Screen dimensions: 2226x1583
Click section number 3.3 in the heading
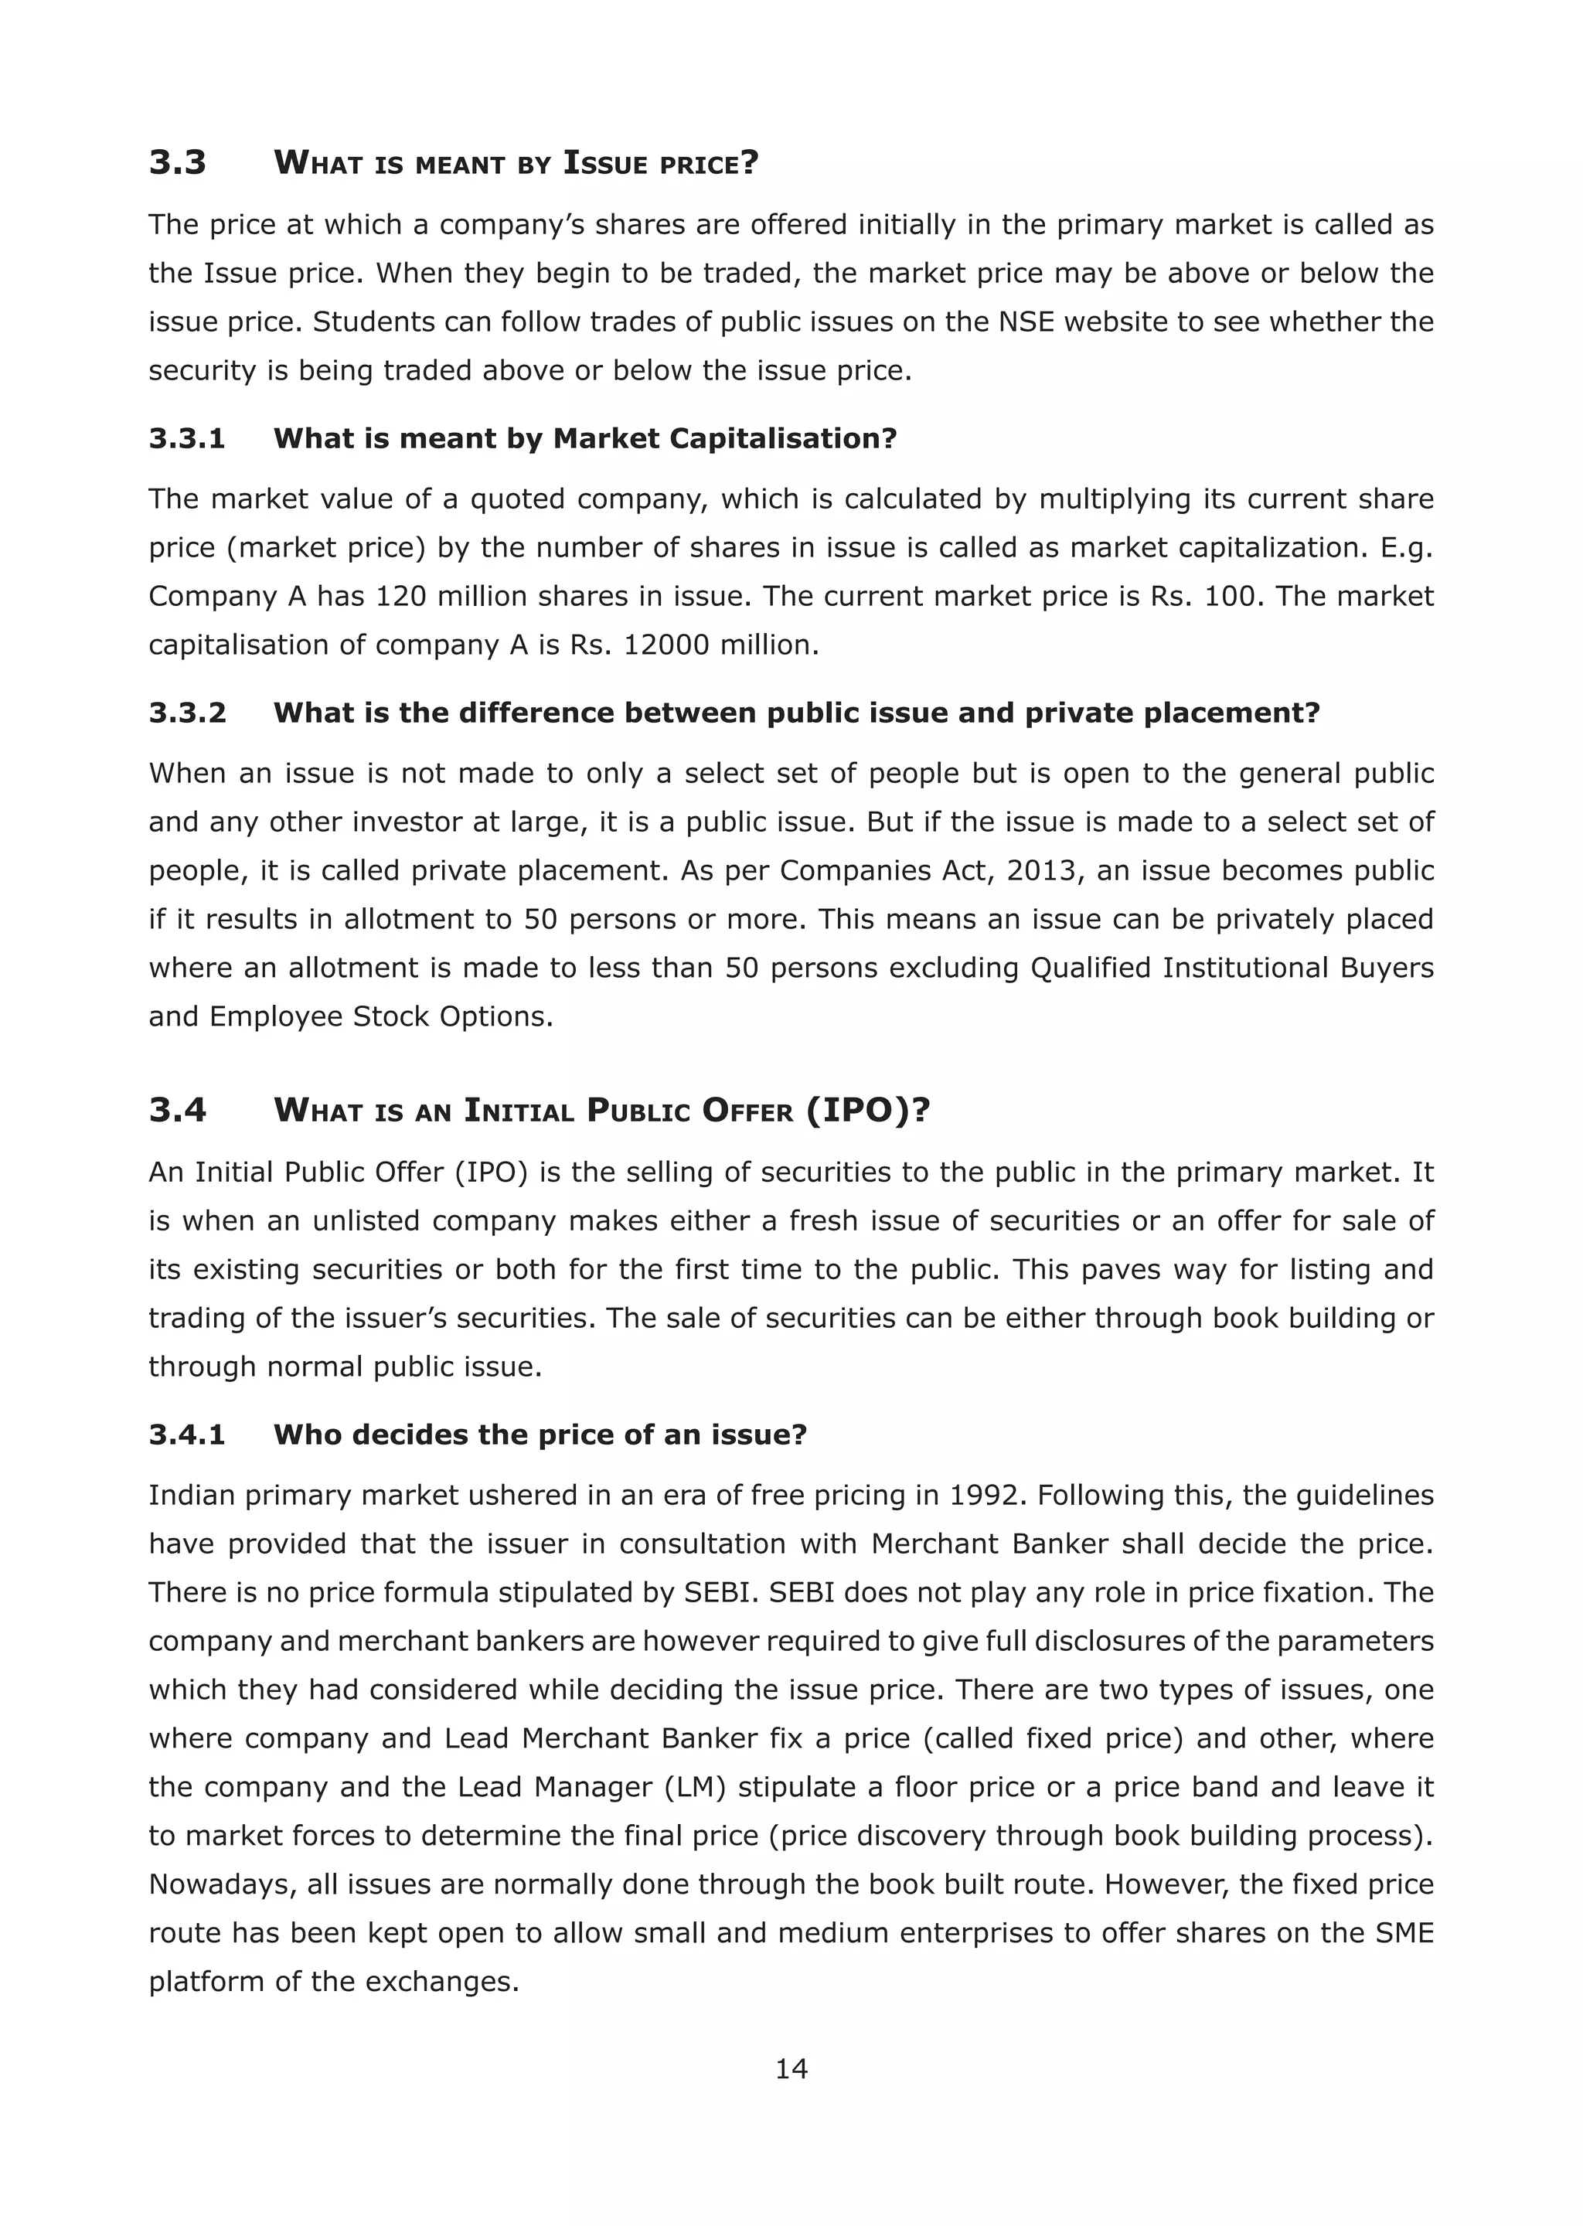coord(178,162)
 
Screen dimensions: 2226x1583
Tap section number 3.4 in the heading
coord(178,1109)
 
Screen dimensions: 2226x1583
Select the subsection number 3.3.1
coord(187,438)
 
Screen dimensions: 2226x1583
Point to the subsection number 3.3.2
coord(187,713)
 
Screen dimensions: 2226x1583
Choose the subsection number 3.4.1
coord(187,1435)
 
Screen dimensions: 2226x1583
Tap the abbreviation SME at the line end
coord(1404,1934)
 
